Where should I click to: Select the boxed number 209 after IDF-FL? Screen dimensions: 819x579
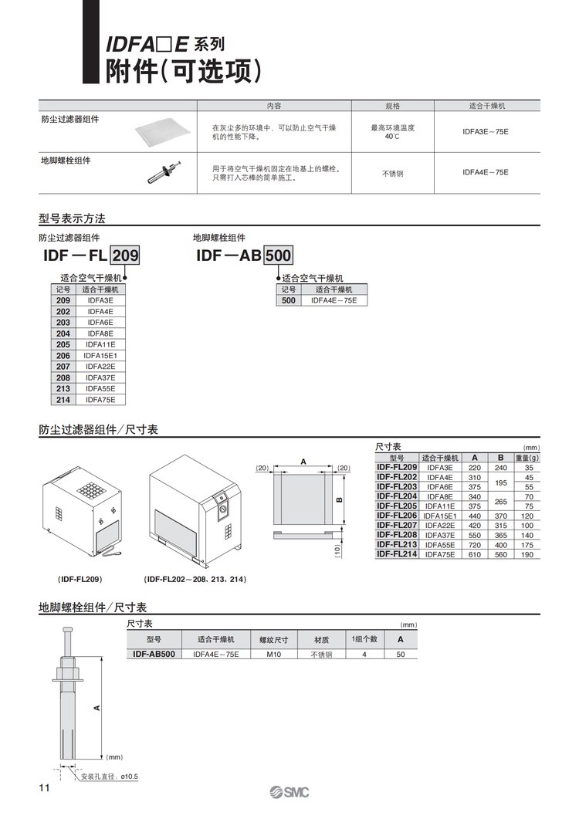(126, 256)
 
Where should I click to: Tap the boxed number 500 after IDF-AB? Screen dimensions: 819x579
(279, 256)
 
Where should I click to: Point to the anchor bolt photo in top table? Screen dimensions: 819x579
(164, 172)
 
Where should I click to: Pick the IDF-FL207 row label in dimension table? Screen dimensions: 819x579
(397, 525)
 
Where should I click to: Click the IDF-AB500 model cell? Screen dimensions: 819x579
(153, 655)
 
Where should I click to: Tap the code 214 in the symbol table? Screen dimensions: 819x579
(63, 400)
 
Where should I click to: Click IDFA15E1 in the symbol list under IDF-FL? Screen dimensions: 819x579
(100, 355)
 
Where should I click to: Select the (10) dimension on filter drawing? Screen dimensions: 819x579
(337, 551)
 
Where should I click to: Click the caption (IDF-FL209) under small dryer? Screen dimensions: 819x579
(80, 579)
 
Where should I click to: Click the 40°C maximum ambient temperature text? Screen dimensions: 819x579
(392, 136)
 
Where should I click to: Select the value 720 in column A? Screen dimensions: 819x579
(475, 545)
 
